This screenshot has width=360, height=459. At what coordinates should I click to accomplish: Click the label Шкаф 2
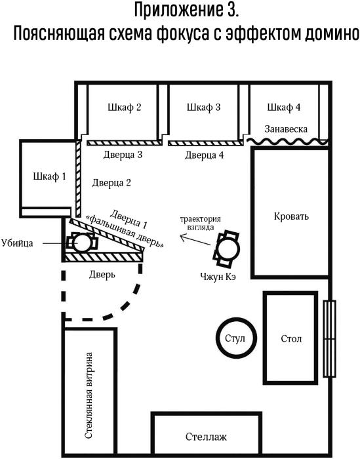pyautogui.click(x=125, y=108)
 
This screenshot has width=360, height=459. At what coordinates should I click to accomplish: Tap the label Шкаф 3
pyautogui.click(x=204, y=108)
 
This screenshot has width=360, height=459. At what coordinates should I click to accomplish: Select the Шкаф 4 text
pyautogui.click(x=284, y=108)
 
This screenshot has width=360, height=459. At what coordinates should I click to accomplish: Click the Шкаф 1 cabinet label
pyautogui.click(x=49, y=176)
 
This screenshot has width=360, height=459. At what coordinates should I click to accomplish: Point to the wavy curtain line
pyautogui.click(x=287, y=142)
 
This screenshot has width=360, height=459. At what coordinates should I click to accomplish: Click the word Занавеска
pyautogui.click(x=286, y=129)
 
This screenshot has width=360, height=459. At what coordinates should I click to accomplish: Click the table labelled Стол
pyautogui.click(x=290, y=338)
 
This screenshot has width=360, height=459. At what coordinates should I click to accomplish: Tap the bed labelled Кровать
pyautogui.click(x=290, y=212)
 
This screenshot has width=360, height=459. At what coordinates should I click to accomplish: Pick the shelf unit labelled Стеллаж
pyautogui.click(x=206, y=434)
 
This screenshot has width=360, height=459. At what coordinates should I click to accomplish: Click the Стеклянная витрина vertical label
pyautogui.click(x=89, y=395)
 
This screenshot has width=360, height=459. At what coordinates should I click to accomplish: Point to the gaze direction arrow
pyautogui.click(x=195, y=239)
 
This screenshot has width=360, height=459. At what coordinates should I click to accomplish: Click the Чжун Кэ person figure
pyautogui.click(x=226, y=249)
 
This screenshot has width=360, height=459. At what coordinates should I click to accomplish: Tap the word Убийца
pyautogui.click(x=17, y=243)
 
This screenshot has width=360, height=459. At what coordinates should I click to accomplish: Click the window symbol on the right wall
pyautogui.click(x=330, y=338)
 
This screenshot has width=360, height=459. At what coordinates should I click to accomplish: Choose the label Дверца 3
pyautogui.click(x=123, y=155)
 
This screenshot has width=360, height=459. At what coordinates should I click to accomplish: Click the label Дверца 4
pyautogui.click(x=205, y=155)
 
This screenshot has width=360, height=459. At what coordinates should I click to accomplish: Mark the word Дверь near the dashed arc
pyautogui.click(x=102, y=275)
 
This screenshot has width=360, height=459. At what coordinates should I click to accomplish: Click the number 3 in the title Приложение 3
pyautogui.click(x=231, y=10)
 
